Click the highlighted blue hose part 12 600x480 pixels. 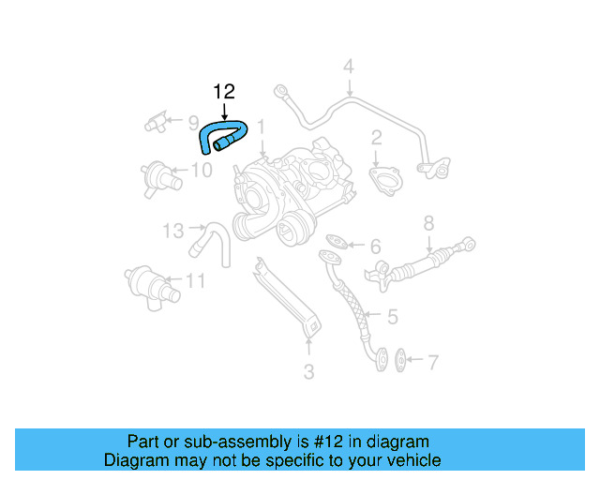tap(221, 135)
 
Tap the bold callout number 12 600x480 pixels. tap(223, 91)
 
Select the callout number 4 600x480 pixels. tap(348, 67)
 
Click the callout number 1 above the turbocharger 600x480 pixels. tap(262, 126)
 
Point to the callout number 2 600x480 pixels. tap(376, 138)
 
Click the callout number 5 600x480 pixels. tap(392, 317)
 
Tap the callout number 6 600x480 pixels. tap(375, 247)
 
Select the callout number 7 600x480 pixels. tap(432, 362)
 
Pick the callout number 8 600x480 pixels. tap(428, 223)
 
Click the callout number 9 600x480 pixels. tap(192, 122)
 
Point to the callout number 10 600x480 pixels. tap(202, 170)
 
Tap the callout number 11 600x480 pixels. tap(194, 279)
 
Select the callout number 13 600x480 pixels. tap(172, 230)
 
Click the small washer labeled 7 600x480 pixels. tap(401, 358)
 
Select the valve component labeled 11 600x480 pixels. tap(142, 282)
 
